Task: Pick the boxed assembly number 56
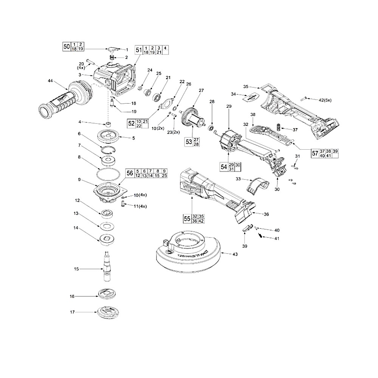(x=130, y=173)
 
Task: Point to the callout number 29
(x=228, y=107)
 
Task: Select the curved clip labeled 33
(x=258, y=185)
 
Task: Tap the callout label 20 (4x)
(x=81, y=65)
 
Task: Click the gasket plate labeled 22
(x=167, y=103)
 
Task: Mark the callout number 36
(x=266, y=214)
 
